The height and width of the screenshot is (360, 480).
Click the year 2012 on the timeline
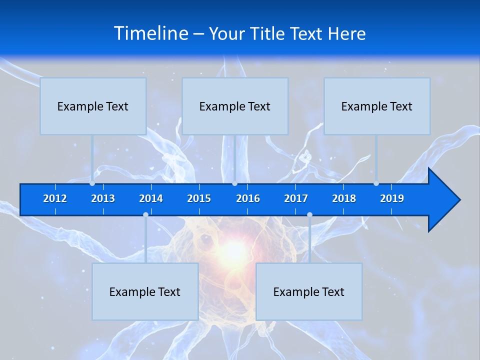point(55,198)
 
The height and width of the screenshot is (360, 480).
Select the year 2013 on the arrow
point(103,198)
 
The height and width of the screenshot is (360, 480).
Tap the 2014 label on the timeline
point(151,198)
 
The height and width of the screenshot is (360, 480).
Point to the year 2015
point(199,198)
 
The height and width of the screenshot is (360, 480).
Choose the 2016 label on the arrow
point(248,198)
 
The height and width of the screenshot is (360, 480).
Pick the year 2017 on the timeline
point(296,198)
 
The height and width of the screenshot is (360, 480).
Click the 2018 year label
point(344,198)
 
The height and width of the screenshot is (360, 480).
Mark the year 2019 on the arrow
point(392,198)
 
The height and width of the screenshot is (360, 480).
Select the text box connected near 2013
point(93,106)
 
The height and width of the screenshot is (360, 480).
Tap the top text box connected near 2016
point(235,106)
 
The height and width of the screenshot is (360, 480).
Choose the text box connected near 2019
point(377,106)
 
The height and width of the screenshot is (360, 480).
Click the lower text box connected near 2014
point(145,291)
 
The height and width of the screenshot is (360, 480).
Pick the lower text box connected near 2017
point(309,291)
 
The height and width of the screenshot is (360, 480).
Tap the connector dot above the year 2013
point(92,183)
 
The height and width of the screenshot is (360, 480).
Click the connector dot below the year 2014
point(145,215)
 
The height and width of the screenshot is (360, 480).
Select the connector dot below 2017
point(309,215)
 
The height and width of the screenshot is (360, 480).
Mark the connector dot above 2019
point(376,183)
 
